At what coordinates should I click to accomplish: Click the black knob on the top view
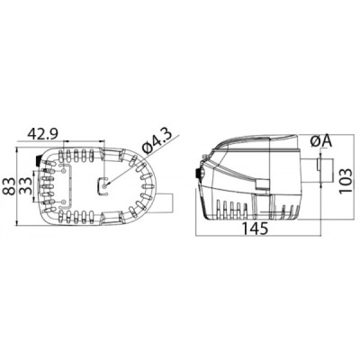click(x=36, y=162)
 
